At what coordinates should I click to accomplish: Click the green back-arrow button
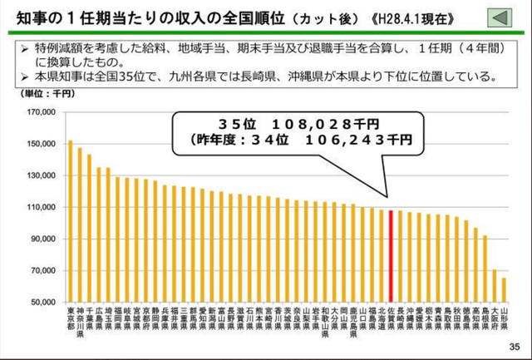(498, 17)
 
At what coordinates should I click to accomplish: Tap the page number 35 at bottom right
(513, 347)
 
